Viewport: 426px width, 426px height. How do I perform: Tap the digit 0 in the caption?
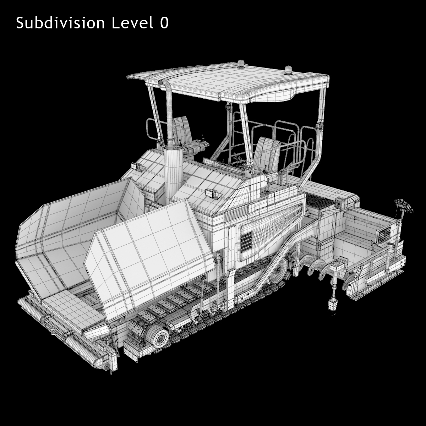pyautogui.click(x=164, y=23)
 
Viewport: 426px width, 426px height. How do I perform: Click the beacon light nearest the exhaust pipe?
pyautogui.click(x=241, y=64)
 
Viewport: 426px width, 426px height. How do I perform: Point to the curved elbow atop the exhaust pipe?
pyautogui.click(x=164, y=83)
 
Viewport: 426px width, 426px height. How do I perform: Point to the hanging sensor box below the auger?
pyautogui.click(x=333, y=305)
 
